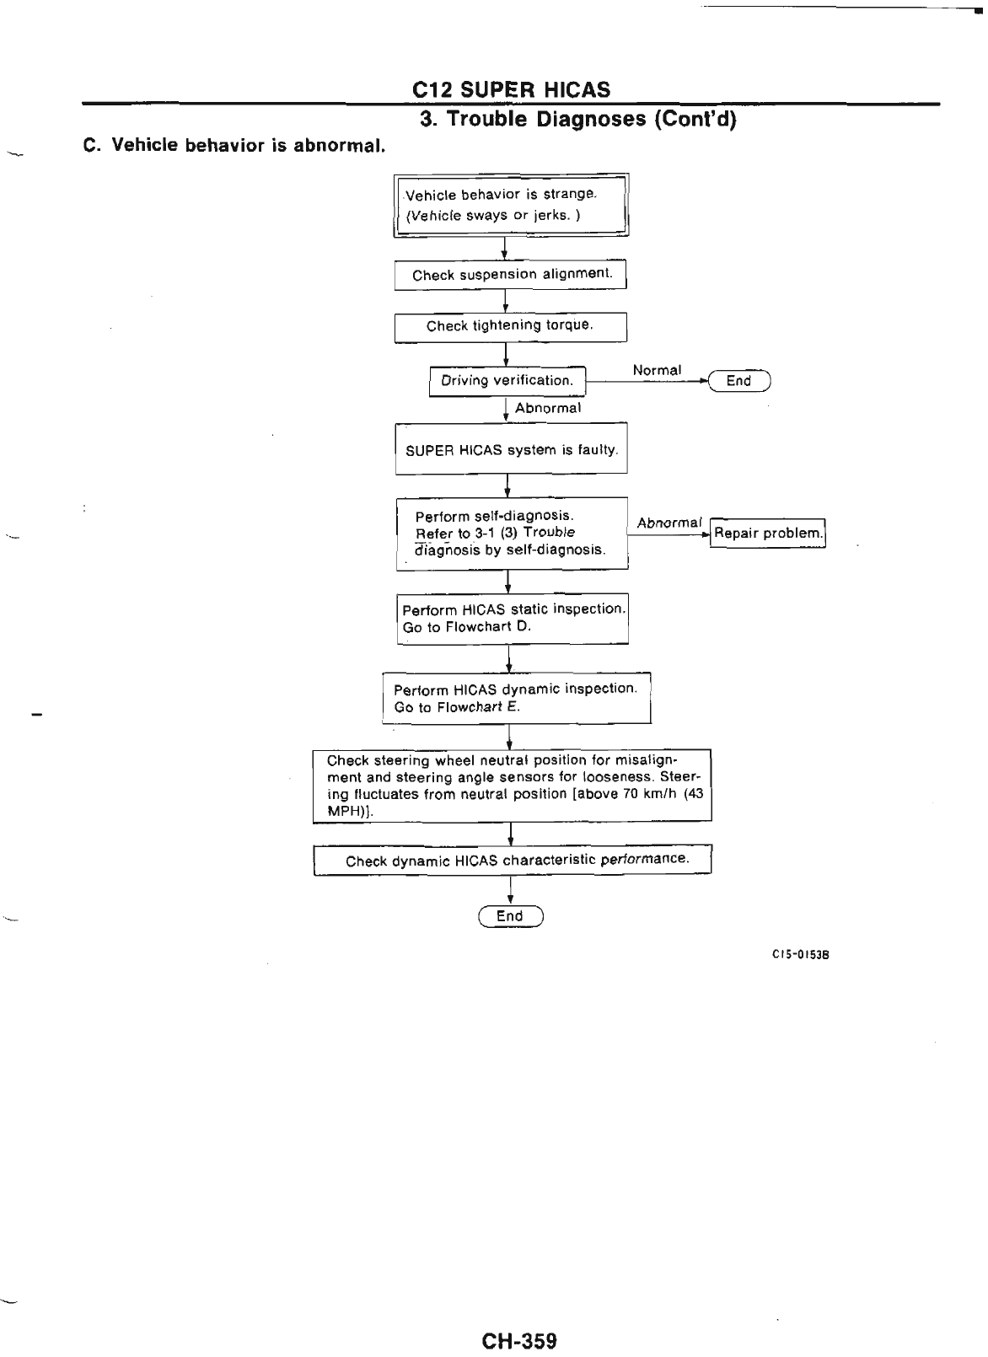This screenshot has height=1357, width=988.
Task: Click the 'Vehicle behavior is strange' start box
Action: [511, 205]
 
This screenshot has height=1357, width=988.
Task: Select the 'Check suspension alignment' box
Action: [511, 275]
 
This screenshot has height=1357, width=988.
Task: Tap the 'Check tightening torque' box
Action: [511, 326]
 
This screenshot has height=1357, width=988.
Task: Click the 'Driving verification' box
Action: [507, 381]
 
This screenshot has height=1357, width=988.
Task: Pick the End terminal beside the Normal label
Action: [739, 381]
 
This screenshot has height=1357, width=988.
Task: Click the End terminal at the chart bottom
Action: [510, 916]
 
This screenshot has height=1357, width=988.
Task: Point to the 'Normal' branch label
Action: [657, 370]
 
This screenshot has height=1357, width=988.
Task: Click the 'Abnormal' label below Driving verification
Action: [548, 408]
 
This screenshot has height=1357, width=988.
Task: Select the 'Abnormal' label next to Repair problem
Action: [669, 523]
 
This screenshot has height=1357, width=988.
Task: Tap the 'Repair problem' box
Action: [767, 533]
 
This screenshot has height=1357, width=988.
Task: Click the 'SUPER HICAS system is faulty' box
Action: [512, 450]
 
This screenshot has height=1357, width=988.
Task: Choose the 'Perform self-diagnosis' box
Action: [512, 533]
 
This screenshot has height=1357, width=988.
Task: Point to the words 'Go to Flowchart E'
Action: [457, 707]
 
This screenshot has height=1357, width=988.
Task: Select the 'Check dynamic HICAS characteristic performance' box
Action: [513, 861]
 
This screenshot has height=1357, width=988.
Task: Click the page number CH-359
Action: [519, 1316]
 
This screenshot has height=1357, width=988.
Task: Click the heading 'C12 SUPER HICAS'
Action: [511, 89]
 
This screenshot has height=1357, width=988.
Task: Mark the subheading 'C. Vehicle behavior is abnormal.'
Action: [234, 145]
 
